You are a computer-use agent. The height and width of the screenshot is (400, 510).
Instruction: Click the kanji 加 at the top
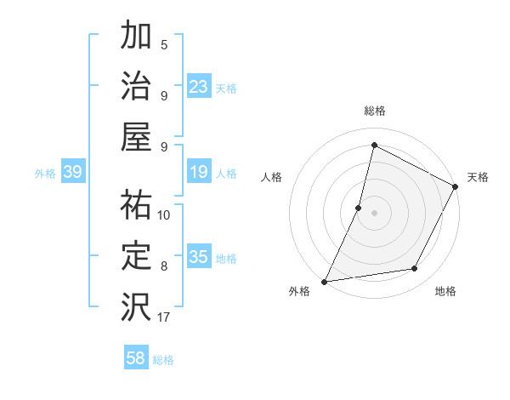(136, 37)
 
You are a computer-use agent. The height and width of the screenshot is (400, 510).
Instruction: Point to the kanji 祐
(136, 204)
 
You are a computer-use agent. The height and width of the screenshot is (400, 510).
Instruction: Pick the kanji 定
(136, 254)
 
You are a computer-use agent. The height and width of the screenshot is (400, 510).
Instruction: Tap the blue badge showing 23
(198, 87)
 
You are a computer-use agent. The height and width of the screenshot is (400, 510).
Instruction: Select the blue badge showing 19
(198, 173)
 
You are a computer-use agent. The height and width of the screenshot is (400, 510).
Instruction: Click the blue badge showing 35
(198, 258)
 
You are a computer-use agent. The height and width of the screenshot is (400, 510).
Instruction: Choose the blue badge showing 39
(73, 173)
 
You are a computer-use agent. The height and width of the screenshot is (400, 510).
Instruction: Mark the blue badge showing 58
(135, 358)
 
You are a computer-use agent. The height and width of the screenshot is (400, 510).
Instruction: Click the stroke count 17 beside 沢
(163, 317)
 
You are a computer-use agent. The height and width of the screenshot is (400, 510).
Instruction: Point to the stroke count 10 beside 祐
(164, 214)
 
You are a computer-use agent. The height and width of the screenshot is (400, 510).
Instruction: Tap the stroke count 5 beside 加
(164, 44)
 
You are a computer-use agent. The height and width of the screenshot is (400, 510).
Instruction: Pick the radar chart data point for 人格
(359, 208)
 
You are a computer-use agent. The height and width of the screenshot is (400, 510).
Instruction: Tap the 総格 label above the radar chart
(374, 111)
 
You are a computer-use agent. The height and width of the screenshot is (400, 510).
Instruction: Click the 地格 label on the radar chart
(445, 292)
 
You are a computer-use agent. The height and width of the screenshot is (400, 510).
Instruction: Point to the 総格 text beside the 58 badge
(163, 360)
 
